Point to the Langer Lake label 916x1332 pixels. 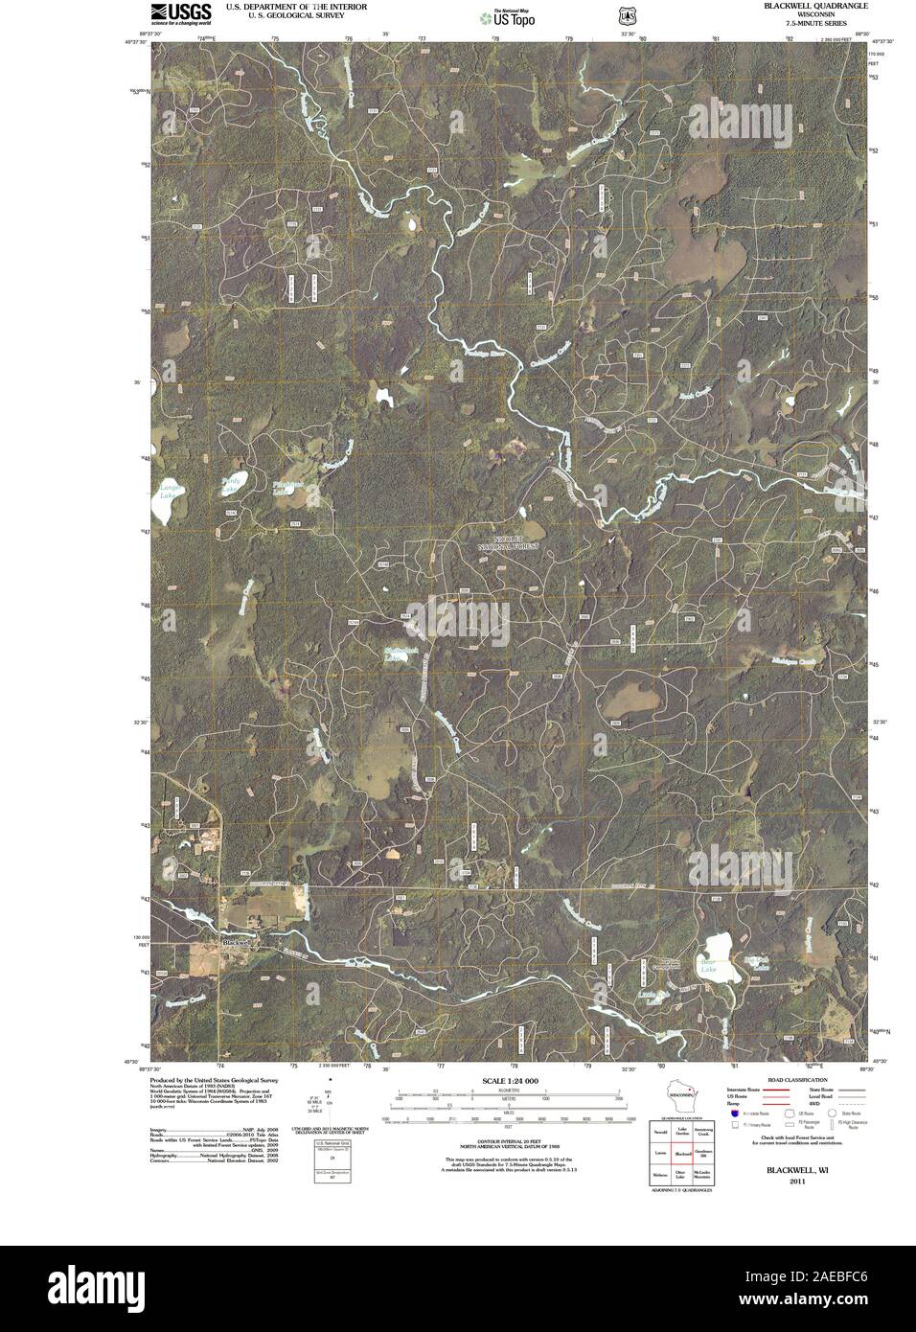click(170, 493)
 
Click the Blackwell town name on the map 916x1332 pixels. click(236, 942)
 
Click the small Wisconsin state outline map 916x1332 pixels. click(682, 1095)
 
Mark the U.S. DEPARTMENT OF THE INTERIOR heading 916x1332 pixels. click(296, 6)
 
